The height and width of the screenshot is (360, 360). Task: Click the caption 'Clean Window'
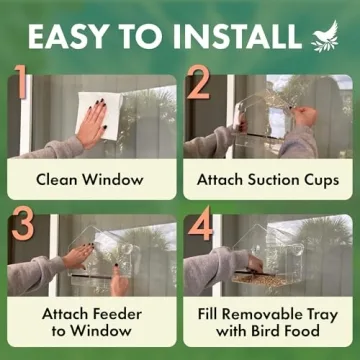pyautogui.click(x=90, y=180)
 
